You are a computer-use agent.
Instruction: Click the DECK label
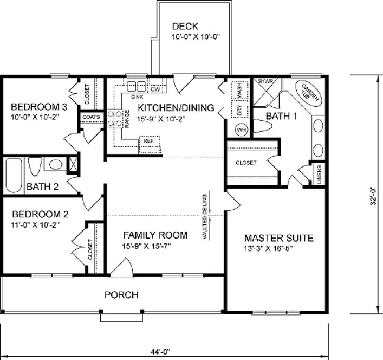click(185, 26)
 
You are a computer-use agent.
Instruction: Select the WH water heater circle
click(242, 130)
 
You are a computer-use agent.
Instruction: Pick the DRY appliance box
click(239, 110)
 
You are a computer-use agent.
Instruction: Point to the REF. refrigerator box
click(149, 141)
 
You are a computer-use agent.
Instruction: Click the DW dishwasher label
click(155, 89)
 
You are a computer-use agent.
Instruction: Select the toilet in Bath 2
click(34, 166)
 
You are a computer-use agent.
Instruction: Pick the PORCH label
click(121, 295)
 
